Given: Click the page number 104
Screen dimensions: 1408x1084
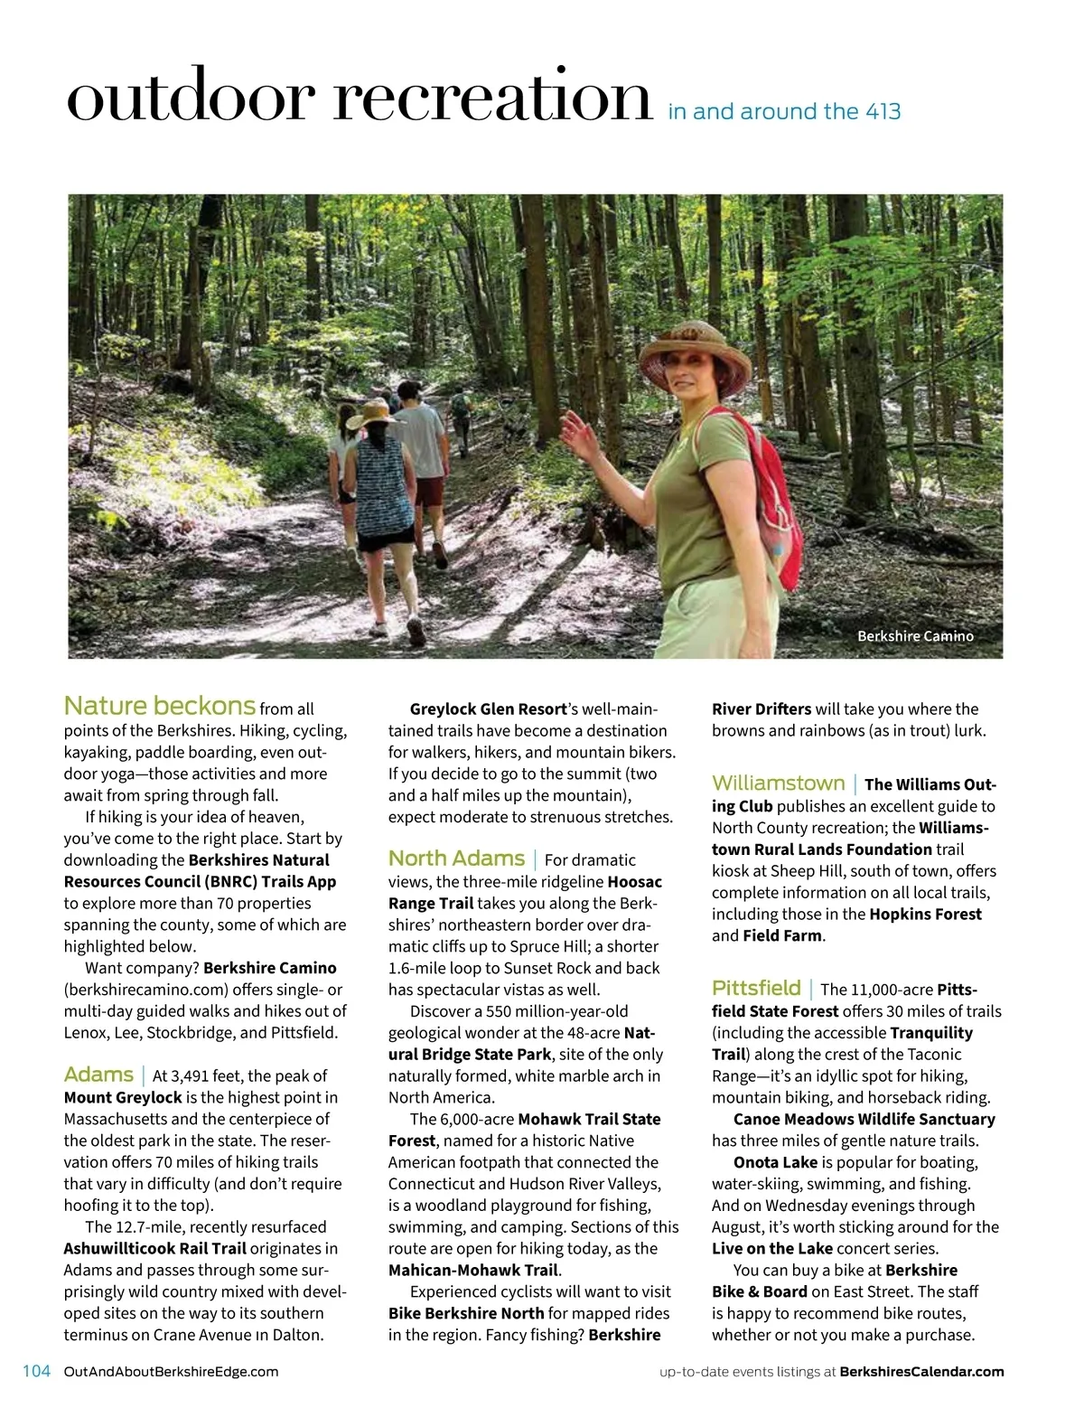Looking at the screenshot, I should pos(36,1371).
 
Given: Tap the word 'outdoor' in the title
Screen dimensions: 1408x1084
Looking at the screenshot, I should pos(190,98).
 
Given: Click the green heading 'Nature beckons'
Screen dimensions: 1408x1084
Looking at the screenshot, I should pos(160,706).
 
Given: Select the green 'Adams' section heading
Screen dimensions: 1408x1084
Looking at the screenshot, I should pos(98,1075).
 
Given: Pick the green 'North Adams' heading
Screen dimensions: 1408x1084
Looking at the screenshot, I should pos(456,859).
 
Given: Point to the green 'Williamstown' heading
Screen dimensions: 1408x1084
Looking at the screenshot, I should pos(778,784).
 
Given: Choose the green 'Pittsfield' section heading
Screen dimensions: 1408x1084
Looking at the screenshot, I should pos(756,988).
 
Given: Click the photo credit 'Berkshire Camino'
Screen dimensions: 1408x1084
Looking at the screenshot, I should pos(915,636).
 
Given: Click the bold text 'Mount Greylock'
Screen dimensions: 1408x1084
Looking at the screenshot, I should pos(123,1097).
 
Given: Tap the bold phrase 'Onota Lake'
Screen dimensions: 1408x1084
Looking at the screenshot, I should pos(775,1162).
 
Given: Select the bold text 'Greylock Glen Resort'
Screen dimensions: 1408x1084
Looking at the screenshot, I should pos(488,709).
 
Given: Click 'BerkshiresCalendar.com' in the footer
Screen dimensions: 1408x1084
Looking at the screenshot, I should pos(921,1372).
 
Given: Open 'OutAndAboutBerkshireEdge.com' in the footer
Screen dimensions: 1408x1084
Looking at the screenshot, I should pos(172,1372).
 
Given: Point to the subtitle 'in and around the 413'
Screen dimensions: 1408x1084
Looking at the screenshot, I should pos(784,112).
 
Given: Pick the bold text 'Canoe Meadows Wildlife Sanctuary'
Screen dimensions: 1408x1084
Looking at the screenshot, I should pos(864,1119).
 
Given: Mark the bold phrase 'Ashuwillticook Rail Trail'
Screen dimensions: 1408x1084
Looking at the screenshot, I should pos(154,1248).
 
